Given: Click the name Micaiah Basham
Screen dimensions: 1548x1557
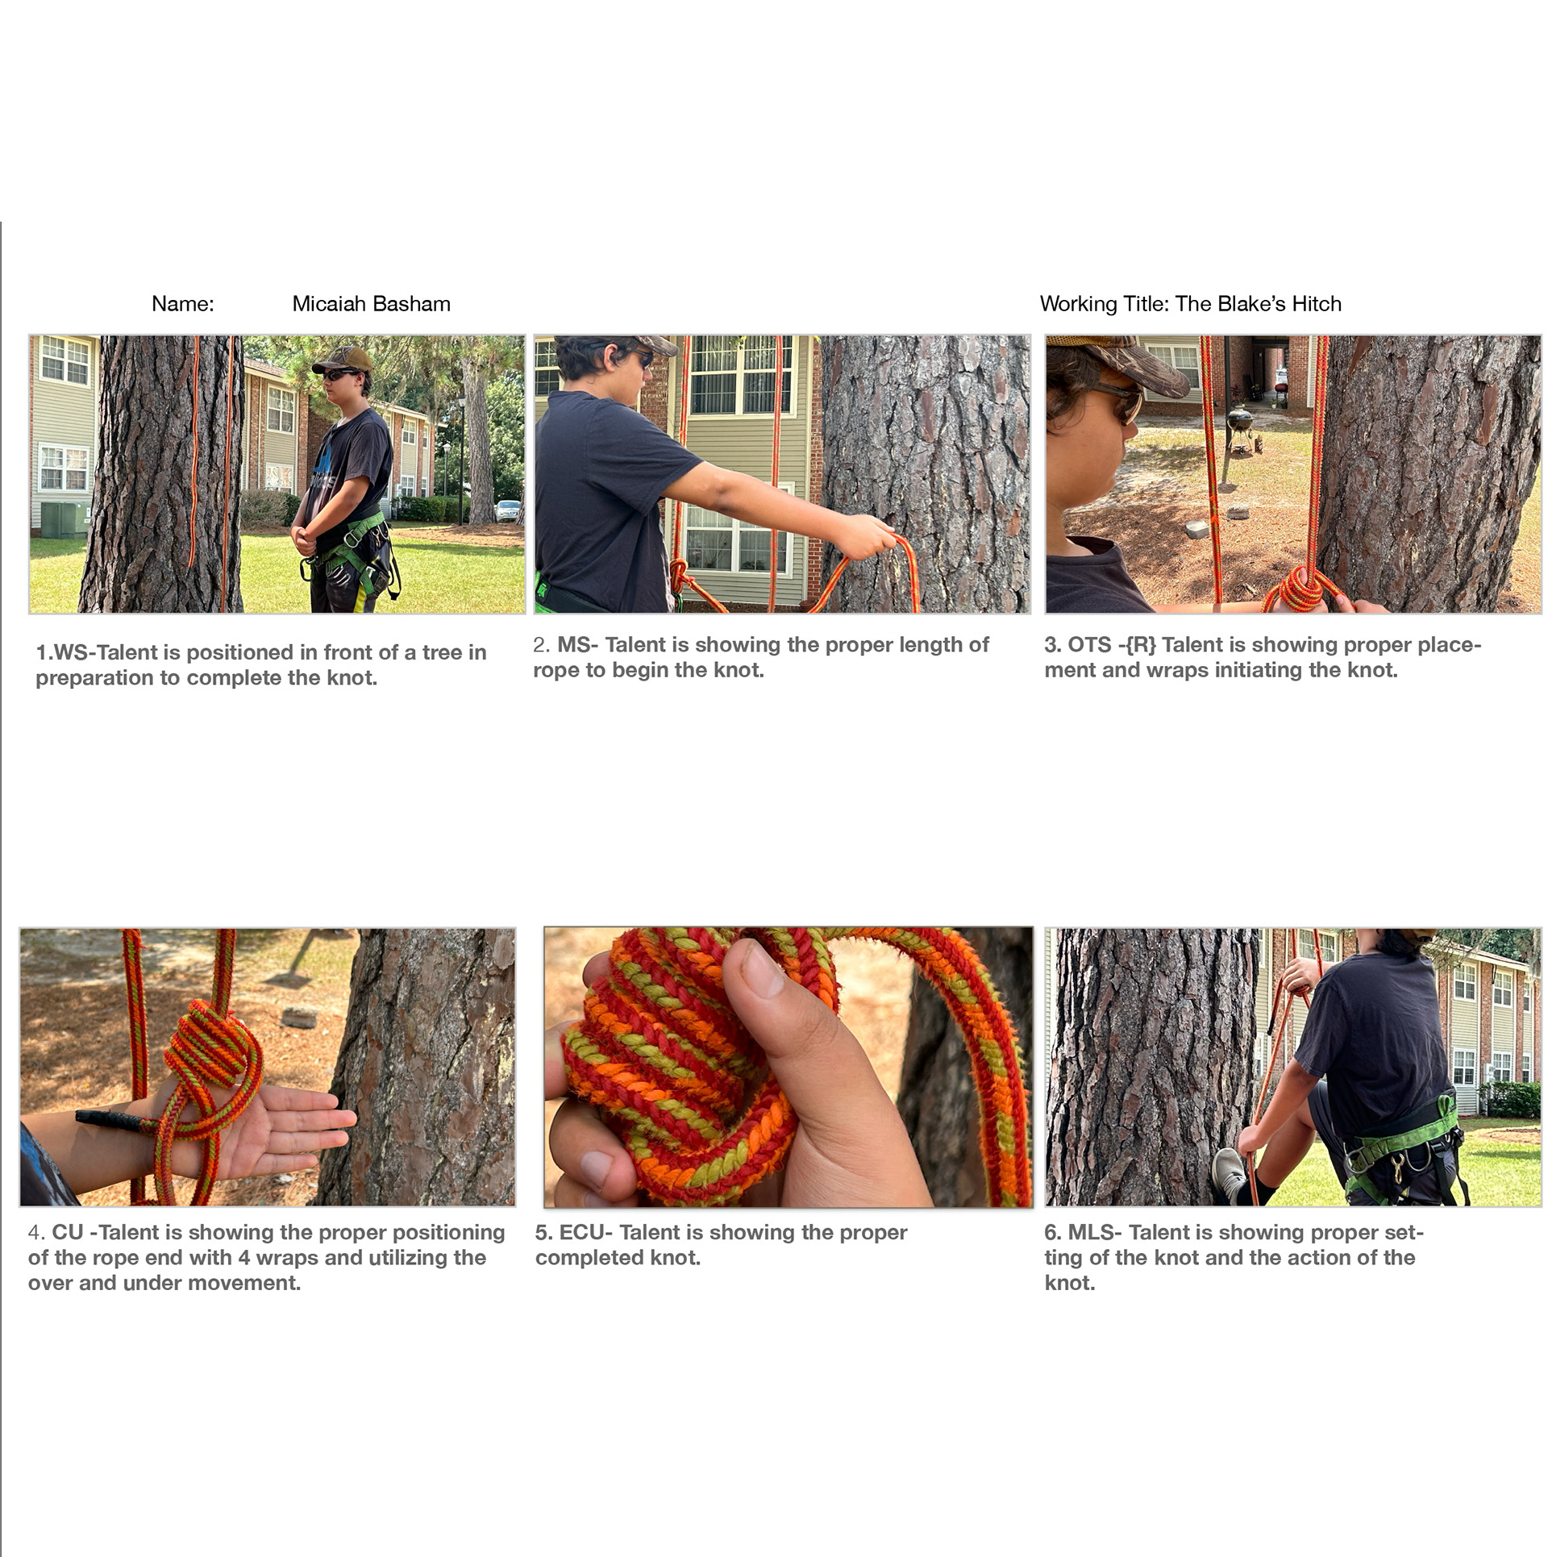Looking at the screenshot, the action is [x=371, y=304].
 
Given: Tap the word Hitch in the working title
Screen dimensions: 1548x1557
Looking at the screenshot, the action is [x=1317, y=304].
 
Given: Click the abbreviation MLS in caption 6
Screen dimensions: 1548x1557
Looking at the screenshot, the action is [x=1090, y=1232].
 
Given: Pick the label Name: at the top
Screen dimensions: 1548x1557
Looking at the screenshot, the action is [x=183, y=304].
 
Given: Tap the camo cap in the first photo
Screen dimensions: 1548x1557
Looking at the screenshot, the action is [x=343, y=359].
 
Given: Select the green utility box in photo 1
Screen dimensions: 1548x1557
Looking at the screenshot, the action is [x=65, y=519].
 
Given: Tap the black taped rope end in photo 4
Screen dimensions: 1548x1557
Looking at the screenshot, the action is [x=110, y=1118].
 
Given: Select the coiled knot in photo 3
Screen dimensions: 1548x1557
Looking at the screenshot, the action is [x=1300, y=589].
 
